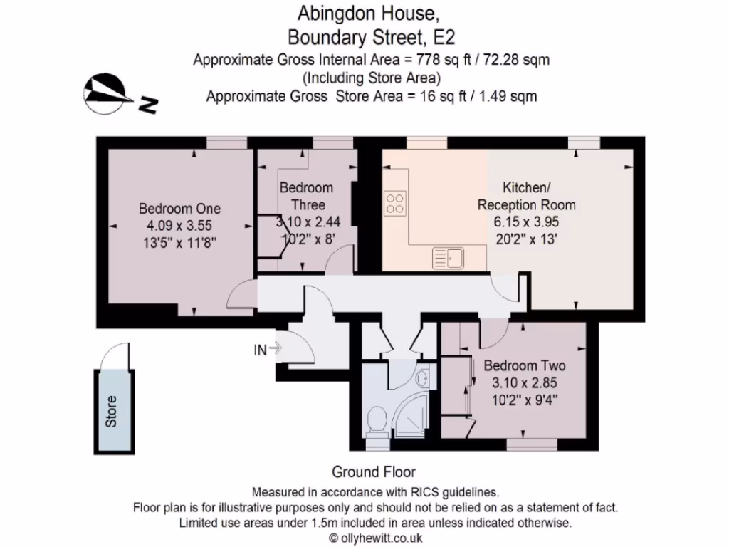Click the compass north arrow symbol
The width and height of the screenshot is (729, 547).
tap(105, 93)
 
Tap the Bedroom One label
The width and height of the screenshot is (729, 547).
tap(179, 209)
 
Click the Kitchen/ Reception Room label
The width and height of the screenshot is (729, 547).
tap(526, 196)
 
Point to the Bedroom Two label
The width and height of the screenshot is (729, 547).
tap(525, 366)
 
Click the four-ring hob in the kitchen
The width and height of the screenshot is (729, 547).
tap(395, 204)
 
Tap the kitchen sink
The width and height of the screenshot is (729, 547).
tap(449, 258)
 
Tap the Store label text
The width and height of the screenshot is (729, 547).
tap(110, 412)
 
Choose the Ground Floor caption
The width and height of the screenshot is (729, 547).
tap(374, 472)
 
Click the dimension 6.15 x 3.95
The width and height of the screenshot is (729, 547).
tap(526, 222)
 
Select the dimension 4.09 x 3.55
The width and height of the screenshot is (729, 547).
tap(179, 226)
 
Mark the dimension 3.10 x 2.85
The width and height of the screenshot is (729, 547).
tap(525, 382)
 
